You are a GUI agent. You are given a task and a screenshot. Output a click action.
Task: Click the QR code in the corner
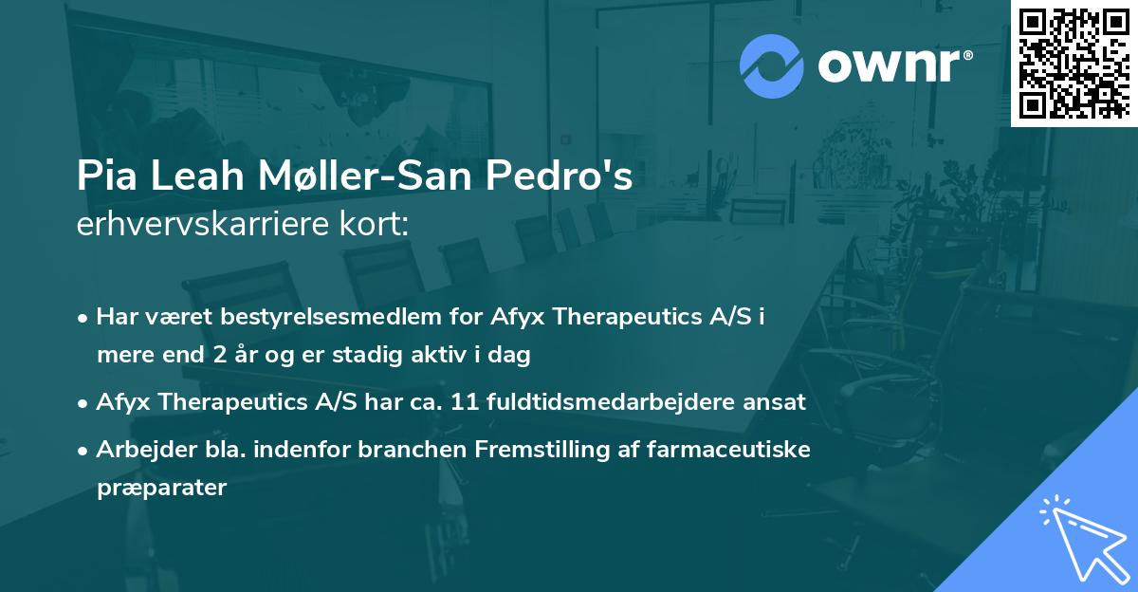pyautogui.click(x=1074, y=62)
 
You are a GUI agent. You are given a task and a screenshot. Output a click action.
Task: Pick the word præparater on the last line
pyautogui.click(x=161, y=489)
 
